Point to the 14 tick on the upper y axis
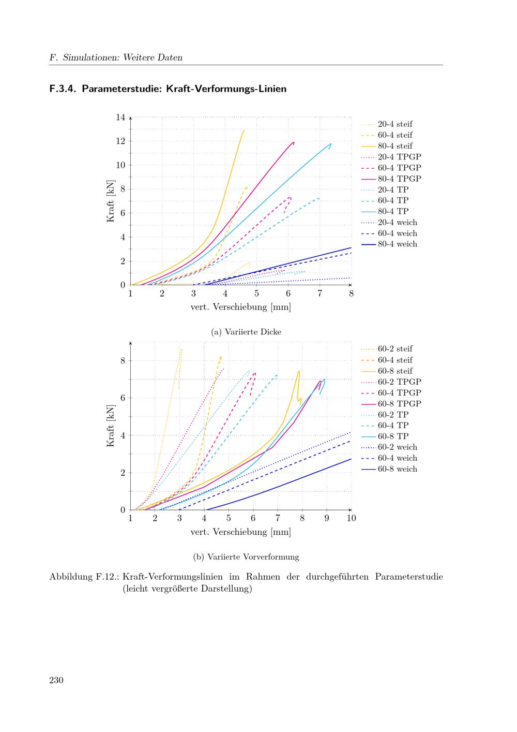tap(120, 117)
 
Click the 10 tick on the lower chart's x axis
tap(351, 518)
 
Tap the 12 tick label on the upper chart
tap(120, 141)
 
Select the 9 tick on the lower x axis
tap(327, 518)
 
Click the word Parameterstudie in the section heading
tap(121, 89)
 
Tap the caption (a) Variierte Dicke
tap(246, 332)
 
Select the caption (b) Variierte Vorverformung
tap(246, 557)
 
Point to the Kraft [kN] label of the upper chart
tap(111, 201)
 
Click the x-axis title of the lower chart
tap(241, 532)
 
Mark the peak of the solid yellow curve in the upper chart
tap(244, 130)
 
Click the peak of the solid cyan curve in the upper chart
tap(331, 144)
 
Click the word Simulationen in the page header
tap(90, 57)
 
